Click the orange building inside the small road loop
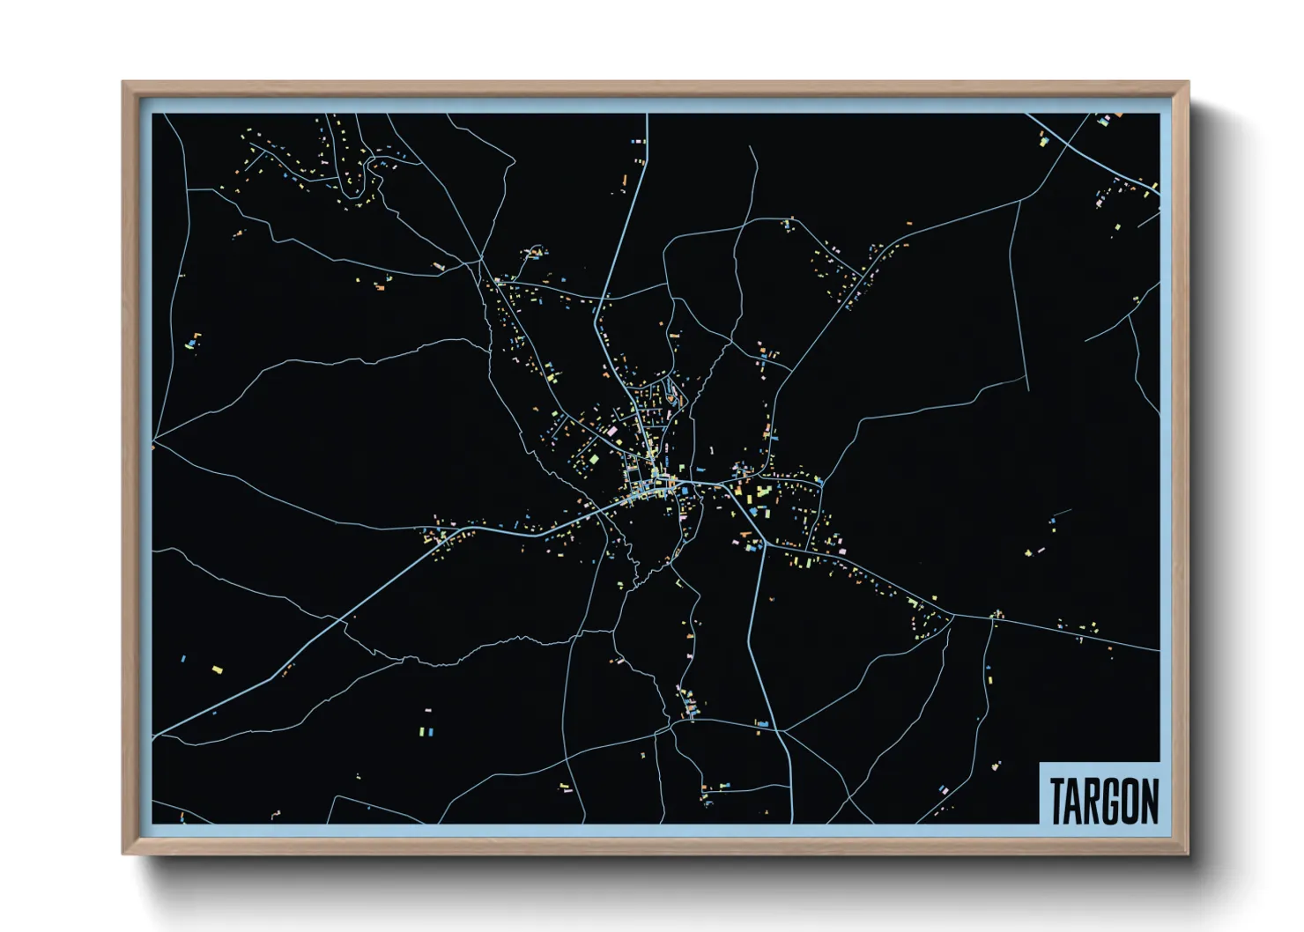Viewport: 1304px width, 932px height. click(672, 399)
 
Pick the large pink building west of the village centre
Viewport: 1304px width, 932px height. click(611, 431)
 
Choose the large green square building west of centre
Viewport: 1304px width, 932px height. click(593, 460)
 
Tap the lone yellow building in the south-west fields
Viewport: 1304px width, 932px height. click(217, 670)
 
